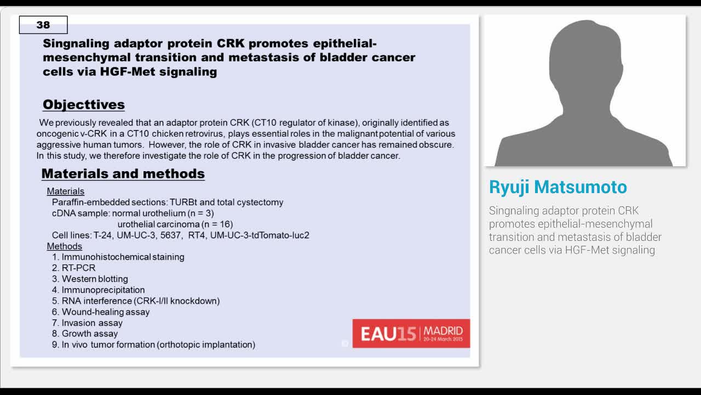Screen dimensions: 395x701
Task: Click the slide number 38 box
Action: coord(43,25)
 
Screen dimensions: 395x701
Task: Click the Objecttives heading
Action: coord(84,104)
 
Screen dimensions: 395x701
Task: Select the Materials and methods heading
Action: coord(123,174)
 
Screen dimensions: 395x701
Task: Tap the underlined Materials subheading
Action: coord(66,191)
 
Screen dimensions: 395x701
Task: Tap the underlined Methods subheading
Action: coord(65,246)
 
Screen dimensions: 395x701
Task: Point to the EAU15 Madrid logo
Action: coord(411,333)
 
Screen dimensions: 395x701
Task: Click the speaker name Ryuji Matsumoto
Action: coord(558,187)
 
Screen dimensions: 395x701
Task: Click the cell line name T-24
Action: coord(103,235)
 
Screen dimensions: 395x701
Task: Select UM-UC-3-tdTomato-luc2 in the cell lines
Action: coord(260,235)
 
